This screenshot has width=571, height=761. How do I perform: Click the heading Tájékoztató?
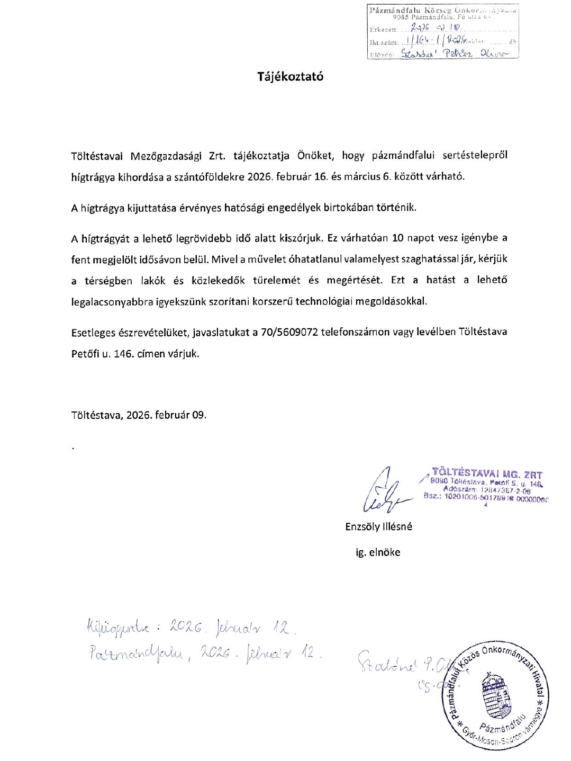click(x=290, y=76)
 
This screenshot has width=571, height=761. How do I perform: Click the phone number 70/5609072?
click(x=289, y=332)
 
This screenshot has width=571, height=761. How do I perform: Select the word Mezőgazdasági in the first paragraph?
click(x=166, y=156)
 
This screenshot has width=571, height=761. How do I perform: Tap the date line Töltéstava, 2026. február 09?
click(x=139, y=415)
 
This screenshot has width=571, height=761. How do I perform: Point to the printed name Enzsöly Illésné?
click(x=378, y=526)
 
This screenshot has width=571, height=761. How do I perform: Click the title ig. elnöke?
click(x=378, y=552)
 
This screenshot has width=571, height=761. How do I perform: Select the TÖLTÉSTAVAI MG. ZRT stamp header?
click(x=486, y=473)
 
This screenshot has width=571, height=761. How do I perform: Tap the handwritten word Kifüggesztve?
click(x=117, y=628)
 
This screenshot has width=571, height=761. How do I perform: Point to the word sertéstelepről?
click(x=475, y=155)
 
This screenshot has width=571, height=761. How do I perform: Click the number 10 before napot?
click(x=397, y=238)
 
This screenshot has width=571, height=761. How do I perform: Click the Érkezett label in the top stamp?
click(x=383, y=30)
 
